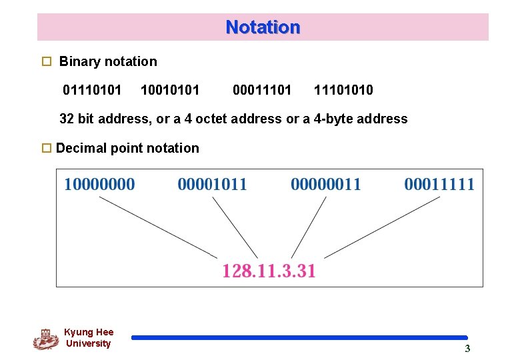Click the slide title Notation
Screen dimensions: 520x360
(x=263, y=27)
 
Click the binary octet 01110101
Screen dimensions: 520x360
(x=92, y=89)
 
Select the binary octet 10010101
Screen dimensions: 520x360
(x=171, y=89)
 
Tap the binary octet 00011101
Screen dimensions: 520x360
(x=262, y=89)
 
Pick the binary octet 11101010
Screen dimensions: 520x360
(x=343, y=89)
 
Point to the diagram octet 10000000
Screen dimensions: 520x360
(x=99, y=184)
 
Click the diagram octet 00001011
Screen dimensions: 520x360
(x=212, y=184)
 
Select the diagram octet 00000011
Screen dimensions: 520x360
(x=325, y=184)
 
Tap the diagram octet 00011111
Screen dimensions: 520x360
(x=439, y=184)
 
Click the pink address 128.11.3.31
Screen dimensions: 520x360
(x=269, y=271)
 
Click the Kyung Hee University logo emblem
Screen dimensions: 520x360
(x=45, y=339)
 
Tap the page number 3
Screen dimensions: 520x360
(x=467, y=348)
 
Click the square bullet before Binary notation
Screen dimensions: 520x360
(x=46, y=61)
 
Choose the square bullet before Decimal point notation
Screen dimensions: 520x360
(x=46, y=148)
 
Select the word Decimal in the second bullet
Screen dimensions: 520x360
(x=79, y=148)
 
